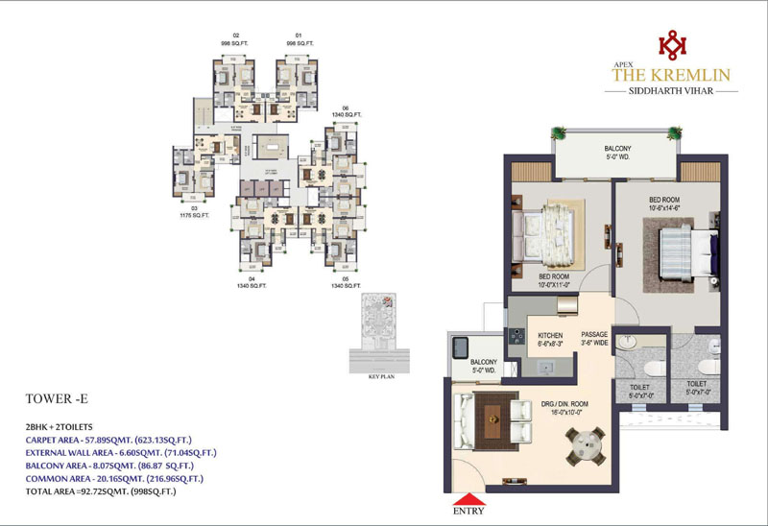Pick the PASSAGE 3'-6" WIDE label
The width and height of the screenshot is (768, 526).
(595, 338)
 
